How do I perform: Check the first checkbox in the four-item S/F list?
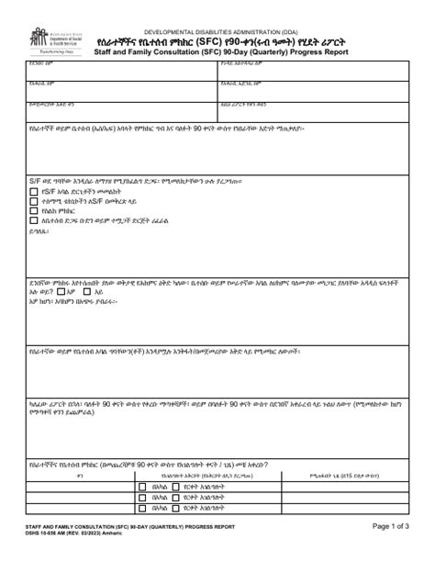click(33, 191)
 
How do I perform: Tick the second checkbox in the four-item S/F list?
click(33, 200)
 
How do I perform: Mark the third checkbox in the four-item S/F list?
click(33, 209)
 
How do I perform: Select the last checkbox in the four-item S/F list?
click(33, 219)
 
